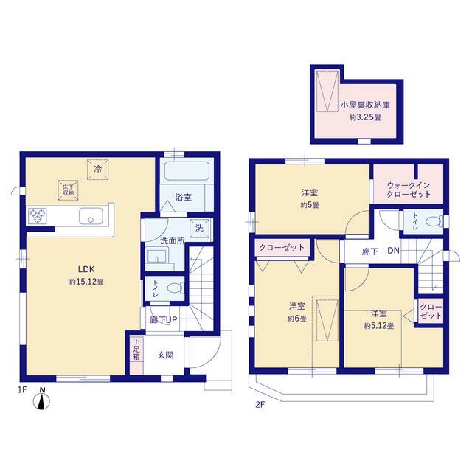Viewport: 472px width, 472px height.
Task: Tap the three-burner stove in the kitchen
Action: click(x=38, y=215)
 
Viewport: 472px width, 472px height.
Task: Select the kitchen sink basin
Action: click(x=91, y=216)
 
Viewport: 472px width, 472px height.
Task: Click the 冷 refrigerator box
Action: click(x=97, y=170)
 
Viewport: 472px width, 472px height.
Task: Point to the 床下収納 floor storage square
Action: click(x=68, y=190)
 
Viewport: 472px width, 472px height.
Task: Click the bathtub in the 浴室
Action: click(x=187, y=171)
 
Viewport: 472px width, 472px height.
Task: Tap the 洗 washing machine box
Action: click(x=200, y=229)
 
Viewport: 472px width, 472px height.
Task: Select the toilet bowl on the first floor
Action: click(x=176, y=288)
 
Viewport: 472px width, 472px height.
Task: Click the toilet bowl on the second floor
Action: click(x=434, y=221)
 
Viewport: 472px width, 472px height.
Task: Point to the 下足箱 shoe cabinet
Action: click(x=136, y=350)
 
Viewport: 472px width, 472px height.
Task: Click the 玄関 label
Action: click(x=165, y=355)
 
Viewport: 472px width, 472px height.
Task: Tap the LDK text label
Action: click(x=86, y=268)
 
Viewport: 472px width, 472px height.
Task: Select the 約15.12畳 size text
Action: click(x=86, y=282)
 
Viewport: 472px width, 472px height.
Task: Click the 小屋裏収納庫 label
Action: click(x=366, y=105)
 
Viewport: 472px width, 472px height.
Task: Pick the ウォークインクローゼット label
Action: click(x=409, y=190)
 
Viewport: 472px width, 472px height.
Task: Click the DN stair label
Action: click(x=393, y=251)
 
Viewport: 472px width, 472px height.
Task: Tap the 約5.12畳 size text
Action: click(x=378, y=326)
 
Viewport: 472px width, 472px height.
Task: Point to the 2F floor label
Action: click(x=260, y=405)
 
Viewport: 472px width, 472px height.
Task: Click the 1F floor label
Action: click(x=23, y=390)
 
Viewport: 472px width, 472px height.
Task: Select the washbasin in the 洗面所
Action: click(x=157, y=256)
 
